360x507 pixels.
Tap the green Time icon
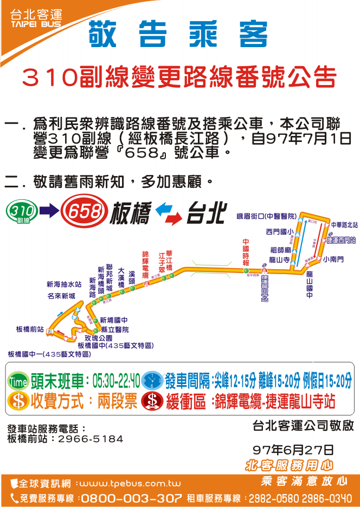click(x=18, y=381)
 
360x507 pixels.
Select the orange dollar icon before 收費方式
click(x=18, y=401)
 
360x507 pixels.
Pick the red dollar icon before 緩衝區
click(x=152, y=401)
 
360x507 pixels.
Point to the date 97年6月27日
click(x=293, y=450)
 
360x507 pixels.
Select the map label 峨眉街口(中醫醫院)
click(x=266, y=217)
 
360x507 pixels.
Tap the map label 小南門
click(x=333, y=260)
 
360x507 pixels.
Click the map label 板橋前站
click(x=30, y=329)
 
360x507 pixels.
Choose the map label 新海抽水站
click(x=64, y=284)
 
